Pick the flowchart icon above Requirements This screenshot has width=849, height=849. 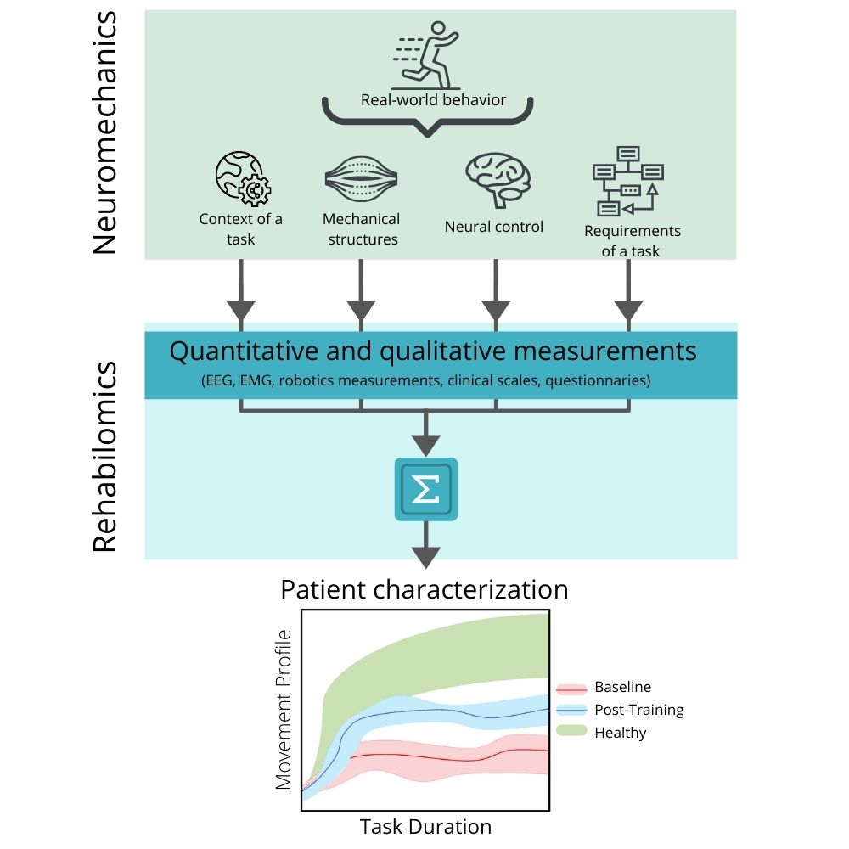627,180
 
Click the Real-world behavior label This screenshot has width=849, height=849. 433,99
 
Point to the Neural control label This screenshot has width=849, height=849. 494,227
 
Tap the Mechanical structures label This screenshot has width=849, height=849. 360,229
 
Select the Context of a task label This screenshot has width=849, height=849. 241,229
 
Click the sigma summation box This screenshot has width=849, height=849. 426,489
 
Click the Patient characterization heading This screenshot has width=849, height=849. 424,589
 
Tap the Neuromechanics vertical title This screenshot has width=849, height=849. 105,132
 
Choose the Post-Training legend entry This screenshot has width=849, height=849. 638,710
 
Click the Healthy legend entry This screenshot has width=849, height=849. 620,732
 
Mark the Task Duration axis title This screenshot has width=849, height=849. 425,826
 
